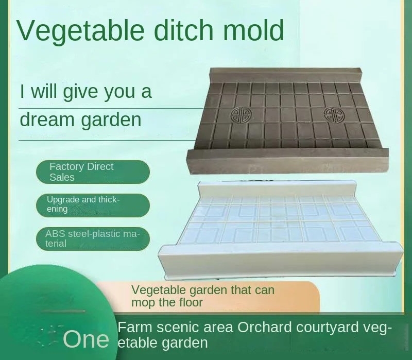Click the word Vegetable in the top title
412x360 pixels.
click(81, 31)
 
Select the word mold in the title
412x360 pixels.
click(253, 29)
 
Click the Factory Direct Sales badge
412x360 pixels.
click(93, 172)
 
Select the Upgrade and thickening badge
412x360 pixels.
click(93, 205)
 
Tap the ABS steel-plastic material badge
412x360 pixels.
click(93, 238)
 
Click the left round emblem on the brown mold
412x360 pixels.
click(241, 115)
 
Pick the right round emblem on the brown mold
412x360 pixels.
click(334, 115)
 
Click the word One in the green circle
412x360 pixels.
click(86, 339)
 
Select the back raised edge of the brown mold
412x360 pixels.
click(286, 74)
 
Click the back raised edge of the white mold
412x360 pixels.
click(277, 188)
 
